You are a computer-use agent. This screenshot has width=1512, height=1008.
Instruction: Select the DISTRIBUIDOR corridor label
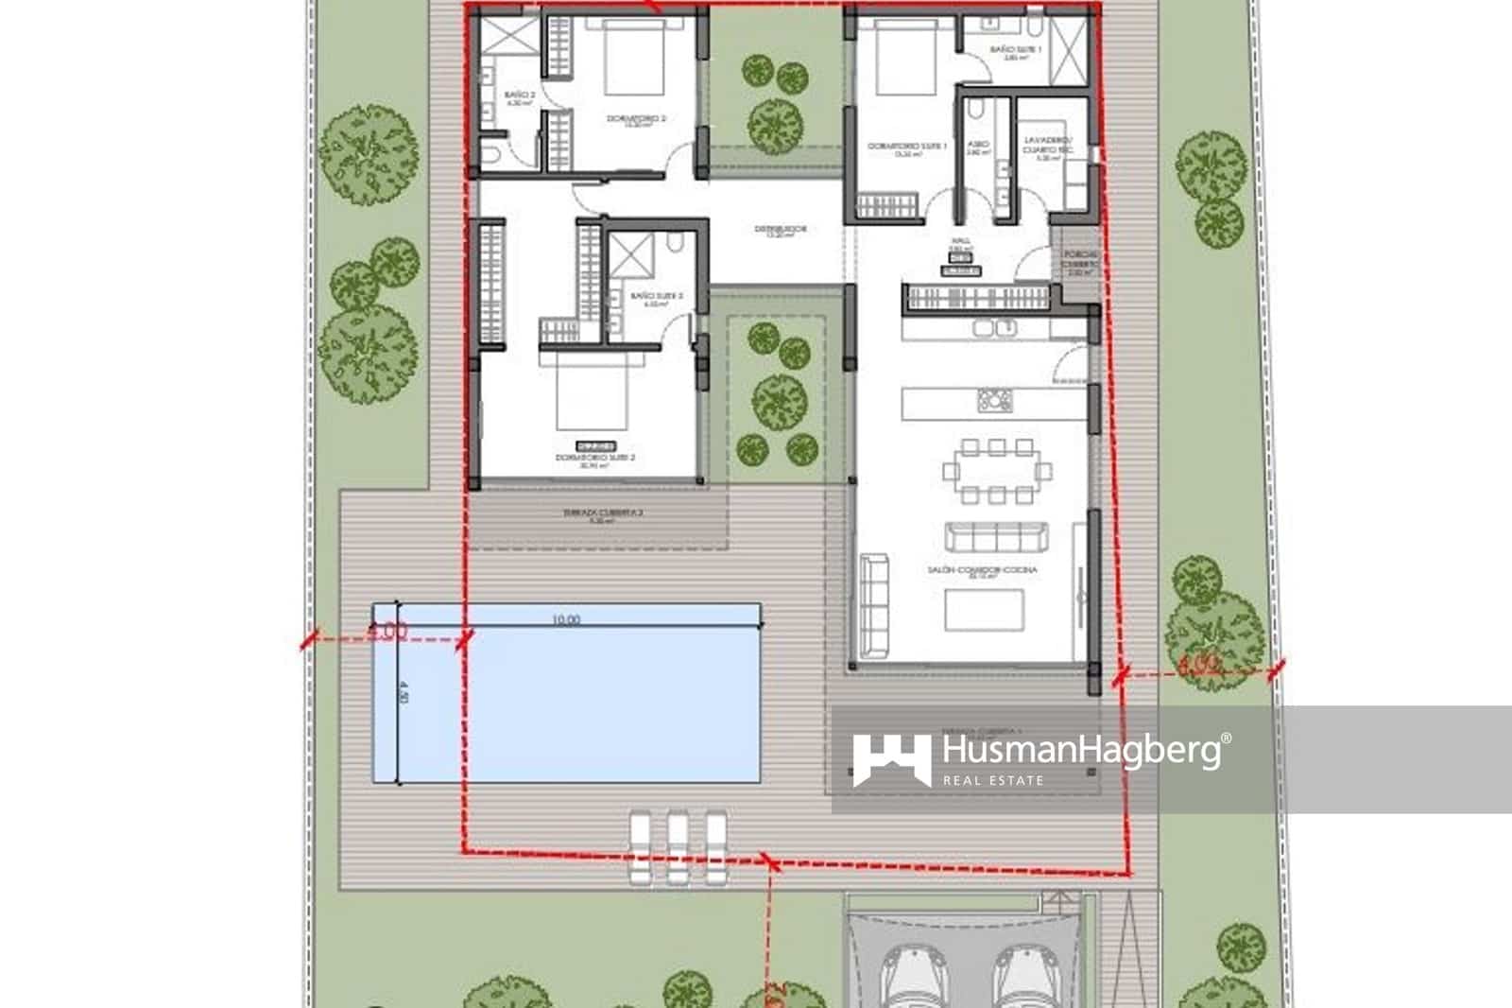point(780,229)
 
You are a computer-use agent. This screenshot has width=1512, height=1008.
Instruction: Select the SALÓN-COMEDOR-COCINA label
point(982,570)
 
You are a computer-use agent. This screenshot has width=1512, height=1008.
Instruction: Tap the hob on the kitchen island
point(994,401)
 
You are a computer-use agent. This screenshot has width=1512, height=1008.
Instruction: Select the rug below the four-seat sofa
point(984,610)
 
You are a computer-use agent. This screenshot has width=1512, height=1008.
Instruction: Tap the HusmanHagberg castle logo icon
point(890,760)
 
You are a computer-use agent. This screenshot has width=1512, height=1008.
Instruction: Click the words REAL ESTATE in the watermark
point(993,780)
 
